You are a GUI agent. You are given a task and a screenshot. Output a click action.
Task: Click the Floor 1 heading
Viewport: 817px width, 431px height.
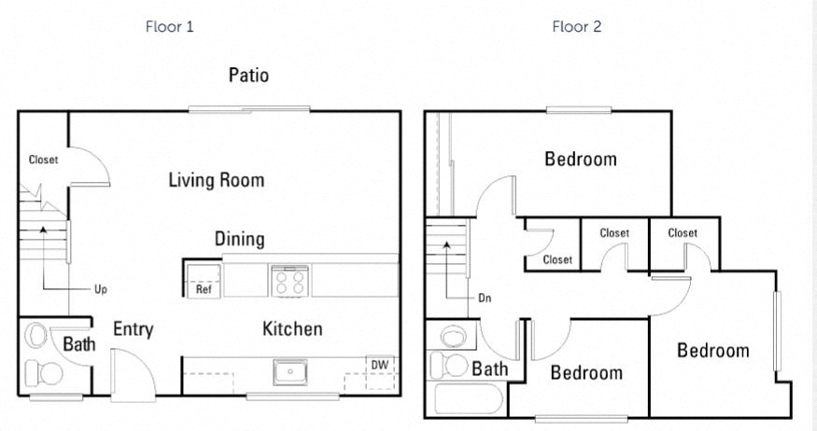tap(169, 26)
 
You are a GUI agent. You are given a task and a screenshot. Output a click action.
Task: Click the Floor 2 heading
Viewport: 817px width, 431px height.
tap(576, 26)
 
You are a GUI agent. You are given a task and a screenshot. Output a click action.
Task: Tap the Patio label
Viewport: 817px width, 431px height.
tap(248, 75)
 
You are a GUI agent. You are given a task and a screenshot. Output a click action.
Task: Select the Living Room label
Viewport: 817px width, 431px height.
tap(216, 179)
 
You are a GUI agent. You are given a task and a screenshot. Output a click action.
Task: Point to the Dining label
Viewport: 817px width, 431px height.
tap(239, 239)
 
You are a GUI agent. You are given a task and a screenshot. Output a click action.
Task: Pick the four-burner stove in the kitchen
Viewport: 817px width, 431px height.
tap(289, 280)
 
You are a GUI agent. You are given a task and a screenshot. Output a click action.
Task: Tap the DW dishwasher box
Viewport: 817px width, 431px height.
tap(379, 365)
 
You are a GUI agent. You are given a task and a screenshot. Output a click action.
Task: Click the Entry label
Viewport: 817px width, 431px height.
tap(133, 329)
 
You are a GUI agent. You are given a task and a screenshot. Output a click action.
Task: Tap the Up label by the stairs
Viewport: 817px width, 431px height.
tap(100, 289)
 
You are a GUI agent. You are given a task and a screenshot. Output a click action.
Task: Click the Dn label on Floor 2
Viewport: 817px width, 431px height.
tap(484, 299)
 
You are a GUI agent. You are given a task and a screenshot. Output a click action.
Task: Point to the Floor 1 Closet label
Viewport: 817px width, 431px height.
tap(43, 160)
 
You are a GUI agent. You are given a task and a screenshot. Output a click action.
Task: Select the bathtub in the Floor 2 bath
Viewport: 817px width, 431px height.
tap(465, 402)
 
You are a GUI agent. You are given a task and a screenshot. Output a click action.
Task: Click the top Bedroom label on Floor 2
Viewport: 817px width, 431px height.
tap(580, 159)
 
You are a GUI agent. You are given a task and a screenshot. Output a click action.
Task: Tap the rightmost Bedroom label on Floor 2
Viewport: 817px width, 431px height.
tap(712, 351)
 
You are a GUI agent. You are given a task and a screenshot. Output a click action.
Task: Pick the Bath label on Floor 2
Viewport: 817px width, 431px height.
tap(489, 368)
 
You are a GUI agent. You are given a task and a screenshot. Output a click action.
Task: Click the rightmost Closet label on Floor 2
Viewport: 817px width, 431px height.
tap(683, 233)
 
